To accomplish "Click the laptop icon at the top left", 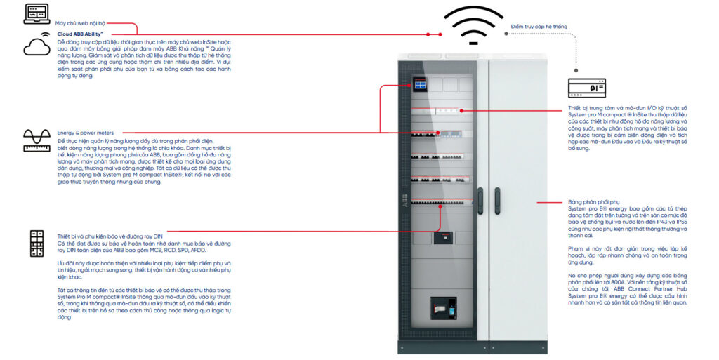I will [37, 13].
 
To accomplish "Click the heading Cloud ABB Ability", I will [81, 33].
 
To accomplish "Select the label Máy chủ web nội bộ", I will [79, 23].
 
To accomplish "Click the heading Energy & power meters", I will [85, 132].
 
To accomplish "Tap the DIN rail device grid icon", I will [37, 243].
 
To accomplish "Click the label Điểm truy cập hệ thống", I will [539, 27].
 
